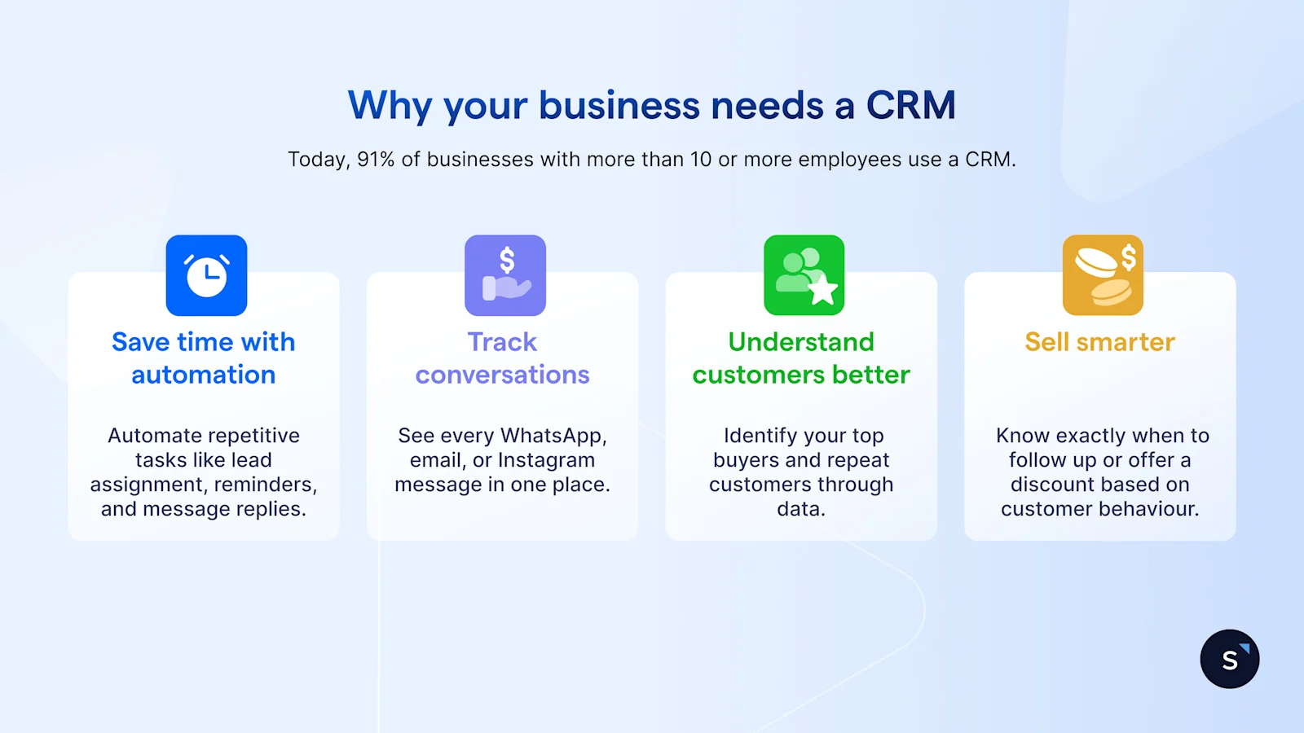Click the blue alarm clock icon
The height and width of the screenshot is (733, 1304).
[206, 275]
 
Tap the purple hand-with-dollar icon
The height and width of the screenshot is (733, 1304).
[505, 275]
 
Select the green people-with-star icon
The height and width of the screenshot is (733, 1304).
[804, 275]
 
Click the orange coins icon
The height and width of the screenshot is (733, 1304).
[1103, 275]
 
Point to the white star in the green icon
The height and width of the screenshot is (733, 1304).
[822, 289]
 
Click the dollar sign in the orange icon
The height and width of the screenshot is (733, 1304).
[1128, 257]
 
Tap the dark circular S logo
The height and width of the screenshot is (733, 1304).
[1229, 659]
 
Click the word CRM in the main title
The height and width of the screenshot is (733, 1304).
[910, 106]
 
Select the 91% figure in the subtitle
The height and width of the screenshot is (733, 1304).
[375, 160]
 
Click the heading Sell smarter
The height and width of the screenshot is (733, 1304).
[1099, 342]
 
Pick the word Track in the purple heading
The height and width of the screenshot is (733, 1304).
[502, 342]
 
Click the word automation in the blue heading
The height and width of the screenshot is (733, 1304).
[204, 375]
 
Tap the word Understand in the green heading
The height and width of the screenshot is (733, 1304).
[801, 342]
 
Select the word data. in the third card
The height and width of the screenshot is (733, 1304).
[801, 509]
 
